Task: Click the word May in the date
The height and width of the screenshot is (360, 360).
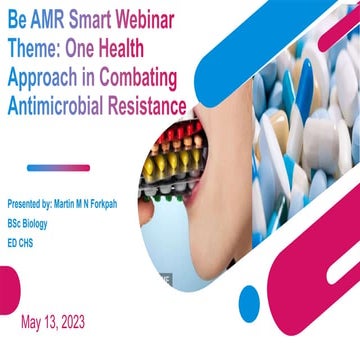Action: coord(33,322)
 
